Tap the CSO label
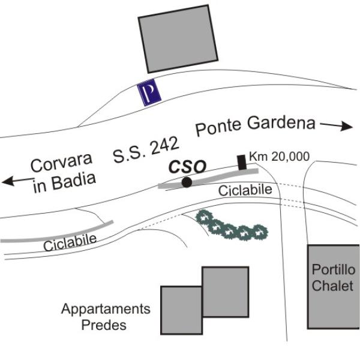pyautogui.click(x=188, y=165)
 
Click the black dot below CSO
pyautogui.click(x=187, y=182)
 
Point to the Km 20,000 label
pyautogui.click(x=279, y=157)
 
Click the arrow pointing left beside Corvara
pyautogui.click(x=16, y=179)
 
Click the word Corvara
pyautogui.click(x=62, y=163)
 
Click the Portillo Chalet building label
pyautogui.click(x=332, y=278)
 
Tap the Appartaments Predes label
pyautogui.click(x=106, y=317)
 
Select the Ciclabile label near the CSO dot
pyautogui.click(x=245, y=191)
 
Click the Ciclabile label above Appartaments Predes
pyautogui.click(x=70, y=243)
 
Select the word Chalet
pyautogui.click(x=332, y=285)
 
